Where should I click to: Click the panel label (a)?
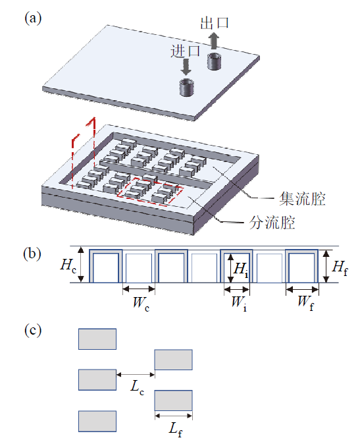coord(33,18)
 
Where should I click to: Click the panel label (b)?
coord(32,254)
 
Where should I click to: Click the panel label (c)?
coord(33,331)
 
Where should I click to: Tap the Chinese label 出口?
coord(215,23)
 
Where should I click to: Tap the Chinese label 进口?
coord(185,51)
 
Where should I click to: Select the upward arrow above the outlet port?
coord(214,40)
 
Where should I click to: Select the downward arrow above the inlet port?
coord(186,67)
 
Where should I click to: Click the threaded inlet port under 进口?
coord(186,88)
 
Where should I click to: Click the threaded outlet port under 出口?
coord(214,61)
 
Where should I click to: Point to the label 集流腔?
coord(302,199)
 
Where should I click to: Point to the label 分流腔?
coord(272,223)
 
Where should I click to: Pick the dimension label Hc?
coord(68,265)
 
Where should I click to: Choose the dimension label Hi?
coord(241,269)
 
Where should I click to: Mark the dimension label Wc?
coord(141,303)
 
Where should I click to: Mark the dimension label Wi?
coord(239,303)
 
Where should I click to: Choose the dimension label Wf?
coord(305,302)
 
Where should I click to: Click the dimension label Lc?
coord(137,387)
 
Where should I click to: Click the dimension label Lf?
coord(175,429)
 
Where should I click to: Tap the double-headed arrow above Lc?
coord(136,375)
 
